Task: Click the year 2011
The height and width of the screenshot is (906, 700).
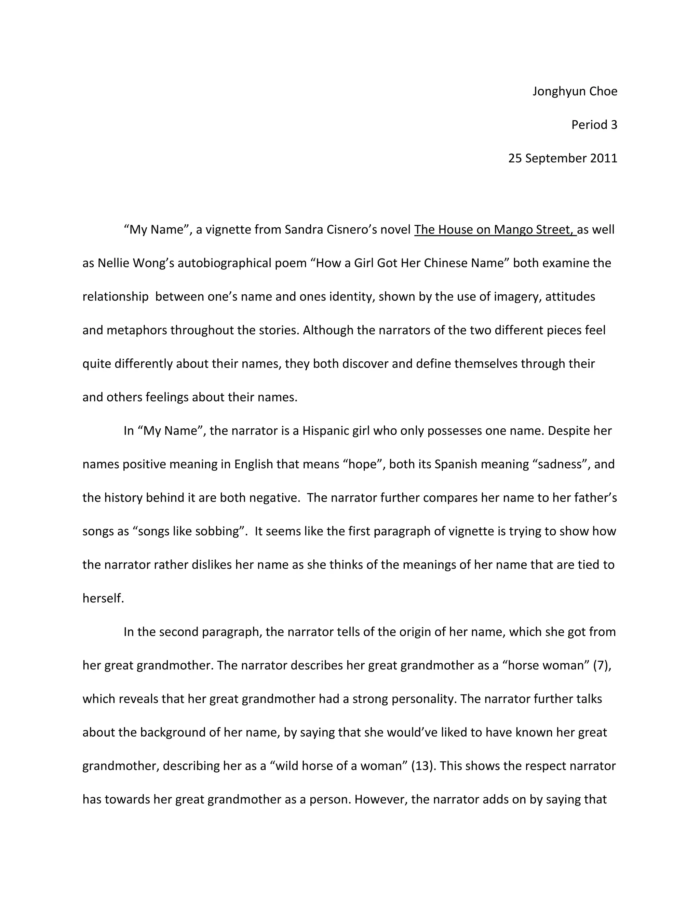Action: click(x=603, y=159)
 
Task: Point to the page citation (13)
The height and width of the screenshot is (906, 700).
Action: click(x=422, y=766)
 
